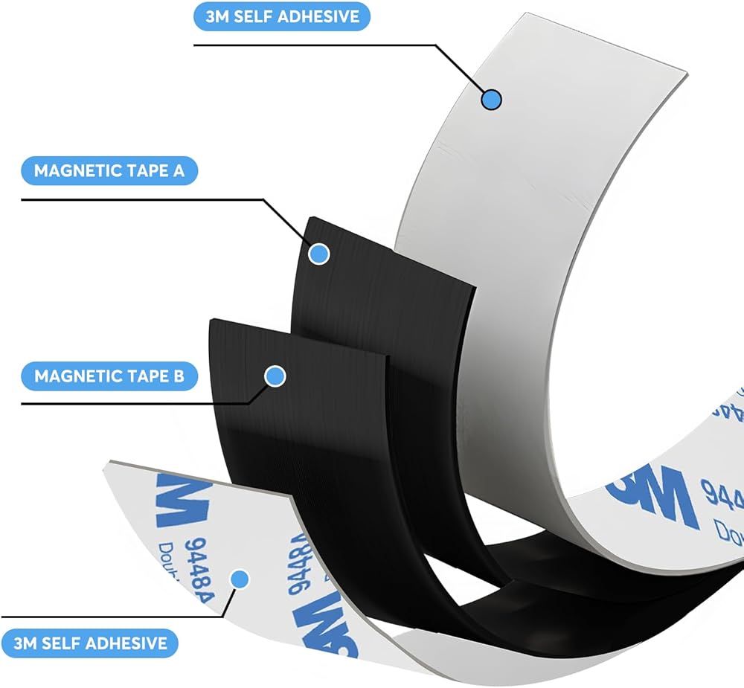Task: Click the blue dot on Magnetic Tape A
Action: click(319, 254)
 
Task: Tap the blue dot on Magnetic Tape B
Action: click(275, 376)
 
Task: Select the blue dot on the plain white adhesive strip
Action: click(491, 99)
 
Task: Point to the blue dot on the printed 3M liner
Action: click(239, 579)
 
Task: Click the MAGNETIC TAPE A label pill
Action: click(110, 171)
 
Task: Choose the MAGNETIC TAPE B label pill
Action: click(109, 376)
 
